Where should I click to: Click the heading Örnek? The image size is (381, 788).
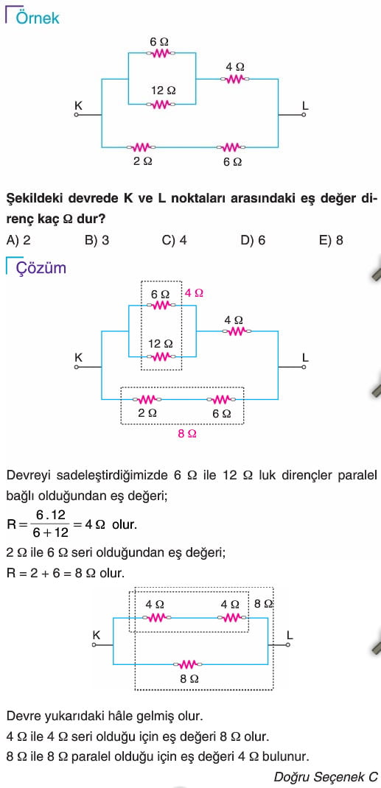(x=38, y=18)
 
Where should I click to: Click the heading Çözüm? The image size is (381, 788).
(x=41, y=267)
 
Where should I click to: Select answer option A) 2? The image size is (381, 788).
(x=18, y=240)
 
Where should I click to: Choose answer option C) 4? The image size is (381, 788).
(x=175, y=240)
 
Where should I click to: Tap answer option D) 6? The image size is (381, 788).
(x=254, y=240)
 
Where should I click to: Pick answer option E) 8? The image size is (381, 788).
(x=331, y=240)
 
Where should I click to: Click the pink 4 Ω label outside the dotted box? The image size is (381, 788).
(x=194, y=292)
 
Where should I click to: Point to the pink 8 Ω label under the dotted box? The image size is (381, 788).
(x=187, y=434)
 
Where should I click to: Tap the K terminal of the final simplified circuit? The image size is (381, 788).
(x=94, y=645)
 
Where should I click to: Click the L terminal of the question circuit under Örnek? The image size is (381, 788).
(x=303, y=115)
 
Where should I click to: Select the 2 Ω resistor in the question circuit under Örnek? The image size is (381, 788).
(x=141, y=147)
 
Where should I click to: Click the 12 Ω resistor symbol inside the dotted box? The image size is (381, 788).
(x=161, y=357)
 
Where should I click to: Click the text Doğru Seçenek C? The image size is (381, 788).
(x=326, y=776)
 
